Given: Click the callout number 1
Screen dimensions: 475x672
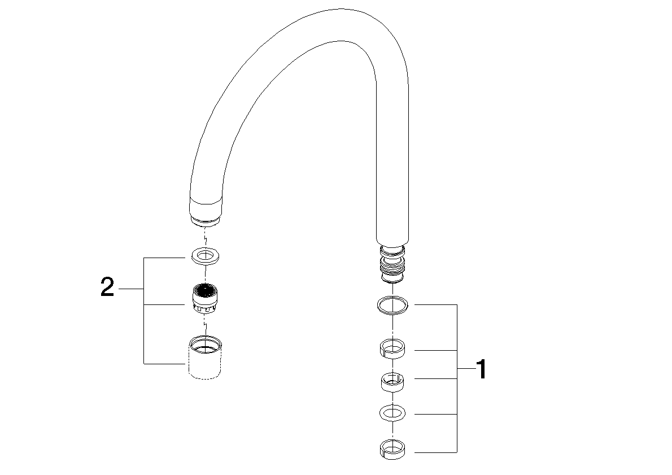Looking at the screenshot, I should tap(480, 370).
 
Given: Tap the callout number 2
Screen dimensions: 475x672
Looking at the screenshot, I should tap(107, 289).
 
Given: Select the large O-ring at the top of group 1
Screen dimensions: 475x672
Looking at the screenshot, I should tap(392, 305).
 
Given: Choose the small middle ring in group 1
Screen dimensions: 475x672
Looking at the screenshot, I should tap(392, 382).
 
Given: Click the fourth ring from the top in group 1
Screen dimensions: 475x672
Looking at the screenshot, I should tap(392, 413).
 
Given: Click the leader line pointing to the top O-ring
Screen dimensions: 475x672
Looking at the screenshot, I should tap(435, 305).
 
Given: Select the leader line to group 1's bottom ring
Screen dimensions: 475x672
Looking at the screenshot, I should tap(435, 451).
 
